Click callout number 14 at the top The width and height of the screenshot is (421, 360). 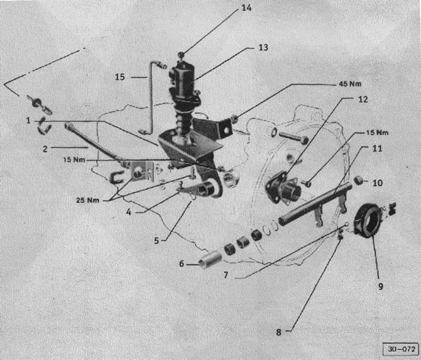246,8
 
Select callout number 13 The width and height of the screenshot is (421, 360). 263,48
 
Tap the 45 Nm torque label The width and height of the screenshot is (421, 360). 350,84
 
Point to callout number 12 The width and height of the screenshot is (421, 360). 363,99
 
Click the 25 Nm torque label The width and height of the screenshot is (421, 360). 87,200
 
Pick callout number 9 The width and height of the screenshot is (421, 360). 381,286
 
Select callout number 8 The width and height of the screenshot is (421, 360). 279,332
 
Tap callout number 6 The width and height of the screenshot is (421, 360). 182,264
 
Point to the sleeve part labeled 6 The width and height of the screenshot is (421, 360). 211,259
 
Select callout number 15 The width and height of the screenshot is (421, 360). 120,77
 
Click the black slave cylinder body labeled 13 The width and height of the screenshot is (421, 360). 183,80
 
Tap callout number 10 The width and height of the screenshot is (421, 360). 377,183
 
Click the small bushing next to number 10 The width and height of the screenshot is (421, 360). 359,180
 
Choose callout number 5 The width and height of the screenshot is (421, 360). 156,241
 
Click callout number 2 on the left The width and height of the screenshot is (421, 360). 45,149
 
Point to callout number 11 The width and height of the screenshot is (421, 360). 377,148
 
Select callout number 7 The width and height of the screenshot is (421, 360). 226,275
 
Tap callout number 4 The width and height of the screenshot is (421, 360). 129,212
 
